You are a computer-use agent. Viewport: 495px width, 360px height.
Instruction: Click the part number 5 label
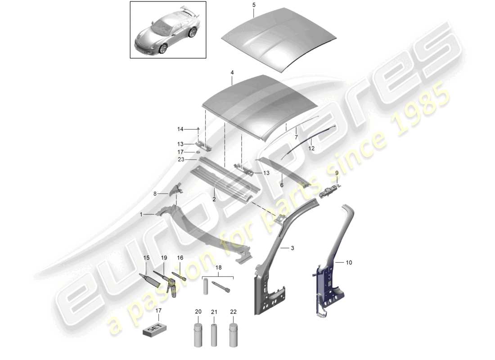253,4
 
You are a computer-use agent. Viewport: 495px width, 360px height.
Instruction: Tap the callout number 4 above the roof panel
232,72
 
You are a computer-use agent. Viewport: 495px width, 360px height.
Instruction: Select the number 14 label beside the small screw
180,129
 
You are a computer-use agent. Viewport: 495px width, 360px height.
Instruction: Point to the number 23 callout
180,159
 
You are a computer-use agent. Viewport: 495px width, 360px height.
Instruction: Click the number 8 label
156,194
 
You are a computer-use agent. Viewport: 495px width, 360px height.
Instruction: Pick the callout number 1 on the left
141,215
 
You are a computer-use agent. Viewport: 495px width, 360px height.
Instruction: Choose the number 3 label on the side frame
292,248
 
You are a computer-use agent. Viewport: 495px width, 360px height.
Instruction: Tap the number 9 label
336,173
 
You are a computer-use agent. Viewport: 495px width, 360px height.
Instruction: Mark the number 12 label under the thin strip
311,148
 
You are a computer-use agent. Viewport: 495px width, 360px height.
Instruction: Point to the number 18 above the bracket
219,267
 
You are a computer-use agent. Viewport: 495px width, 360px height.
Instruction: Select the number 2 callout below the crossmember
214,199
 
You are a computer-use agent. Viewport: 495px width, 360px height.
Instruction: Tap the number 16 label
180,258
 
